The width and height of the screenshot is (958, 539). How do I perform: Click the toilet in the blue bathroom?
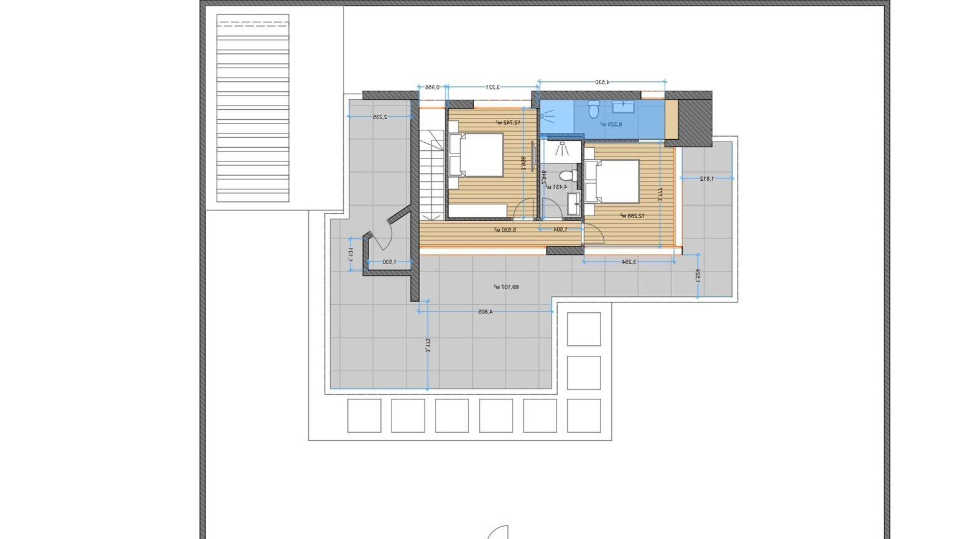point(594,109)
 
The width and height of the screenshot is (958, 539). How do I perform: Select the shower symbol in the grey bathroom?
point(563,148)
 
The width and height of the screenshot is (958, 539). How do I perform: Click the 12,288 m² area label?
point(632,216)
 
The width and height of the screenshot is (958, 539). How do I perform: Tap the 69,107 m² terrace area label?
point(506,287)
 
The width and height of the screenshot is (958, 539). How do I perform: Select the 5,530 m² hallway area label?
point(505,230)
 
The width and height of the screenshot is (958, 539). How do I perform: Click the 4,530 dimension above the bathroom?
point(602,82)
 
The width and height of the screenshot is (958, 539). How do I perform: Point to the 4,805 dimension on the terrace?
point(485,311)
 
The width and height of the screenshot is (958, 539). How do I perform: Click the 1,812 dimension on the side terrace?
point(707,178)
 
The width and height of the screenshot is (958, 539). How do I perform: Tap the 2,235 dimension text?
point(380,117)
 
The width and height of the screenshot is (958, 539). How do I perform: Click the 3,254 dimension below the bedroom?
point(629,262)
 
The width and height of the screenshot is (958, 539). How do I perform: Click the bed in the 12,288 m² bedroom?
point(613,181)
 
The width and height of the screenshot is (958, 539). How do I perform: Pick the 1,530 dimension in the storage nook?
point(389,262)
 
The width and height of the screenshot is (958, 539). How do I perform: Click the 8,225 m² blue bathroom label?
point(611,124)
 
